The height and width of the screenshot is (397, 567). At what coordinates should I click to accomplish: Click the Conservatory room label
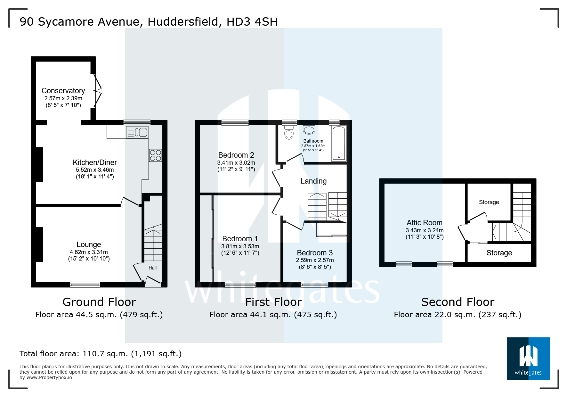(x=63, y=91)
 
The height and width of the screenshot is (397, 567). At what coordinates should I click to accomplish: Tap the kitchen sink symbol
(x=137, y=132)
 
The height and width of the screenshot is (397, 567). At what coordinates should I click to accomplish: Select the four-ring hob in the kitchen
(x=156, y=156)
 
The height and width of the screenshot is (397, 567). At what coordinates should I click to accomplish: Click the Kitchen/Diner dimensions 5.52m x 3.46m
(x=95, y=170)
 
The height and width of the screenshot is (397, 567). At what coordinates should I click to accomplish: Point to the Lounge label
(x=89, y=244)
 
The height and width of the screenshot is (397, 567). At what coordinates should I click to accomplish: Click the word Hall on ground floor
(x=152, y=268)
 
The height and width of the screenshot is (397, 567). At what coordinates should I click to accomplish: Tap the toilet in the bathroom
(x=289, y=132)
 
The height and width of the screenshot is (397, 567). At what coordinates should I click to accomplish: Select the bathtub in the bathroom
(x=339, y=143)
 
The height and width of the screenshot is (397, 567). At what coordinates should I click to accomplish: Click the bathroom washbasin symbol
(x=309, y=130)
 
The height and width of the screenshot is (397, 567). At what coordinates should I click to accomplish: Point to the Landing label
(x=313, y=181)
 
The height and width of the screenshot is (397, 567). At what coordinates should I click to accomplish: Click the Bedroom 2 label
(x=236, y=155)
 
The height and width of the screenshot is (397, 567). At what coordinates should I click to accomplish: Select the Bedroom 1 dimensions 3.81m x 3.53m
(x=240, y=246)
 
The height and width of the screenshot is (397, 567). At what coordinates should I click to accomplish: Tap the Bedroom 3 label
(x=315, y=253)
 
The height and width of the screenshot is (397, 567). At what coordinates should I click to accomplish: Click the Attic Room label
(x=425, y=223)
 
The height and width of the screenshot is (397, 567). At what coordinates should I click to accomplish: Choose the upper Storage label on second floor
(x=489, y=202)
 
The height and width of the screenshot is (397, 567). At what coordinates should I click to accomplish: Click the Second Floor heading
(x=458, y=302)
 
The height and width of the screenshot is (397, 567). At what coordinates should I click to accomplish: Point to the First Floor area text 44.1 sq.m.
(x=273, y=315)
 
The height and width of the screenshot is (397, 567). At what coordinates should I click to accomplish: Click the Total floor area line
(x=101, y=354)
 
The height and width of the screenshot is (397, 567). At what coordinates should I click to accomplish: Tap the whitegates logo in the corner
(x=528, y=359)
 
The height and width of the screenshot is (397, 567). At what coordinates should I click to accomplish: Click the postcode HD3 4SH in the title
(x=252, y=22)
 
